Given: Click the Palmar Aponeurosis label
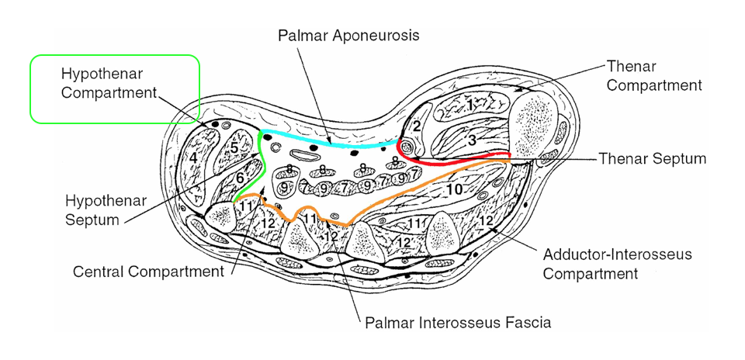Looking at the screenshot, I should point(348,36).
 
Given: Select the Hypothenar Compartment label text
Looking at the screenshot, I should point(108,83).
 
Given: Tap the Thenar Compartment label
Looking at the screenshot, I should point(653,76).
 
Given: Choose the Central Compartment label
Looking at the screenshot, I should point(147,272).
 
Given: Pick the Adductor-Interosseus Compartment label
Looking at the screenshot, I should point(607,264).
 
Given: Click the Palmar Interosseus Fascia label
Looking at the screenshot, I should point(458,322).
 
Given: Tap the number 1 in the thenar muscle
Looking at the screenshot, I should point(470,103).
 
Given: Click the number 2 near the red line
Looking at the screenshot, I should point(417,126).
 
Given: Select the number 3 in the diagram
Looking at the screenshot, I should point(471,140).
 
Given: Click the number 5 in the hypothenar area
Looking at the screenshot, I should point(234,147).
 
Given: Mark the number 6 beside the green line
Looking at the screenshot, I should point(241,178).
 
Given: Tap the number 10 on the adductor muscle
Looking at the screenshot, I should point(455,189).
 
